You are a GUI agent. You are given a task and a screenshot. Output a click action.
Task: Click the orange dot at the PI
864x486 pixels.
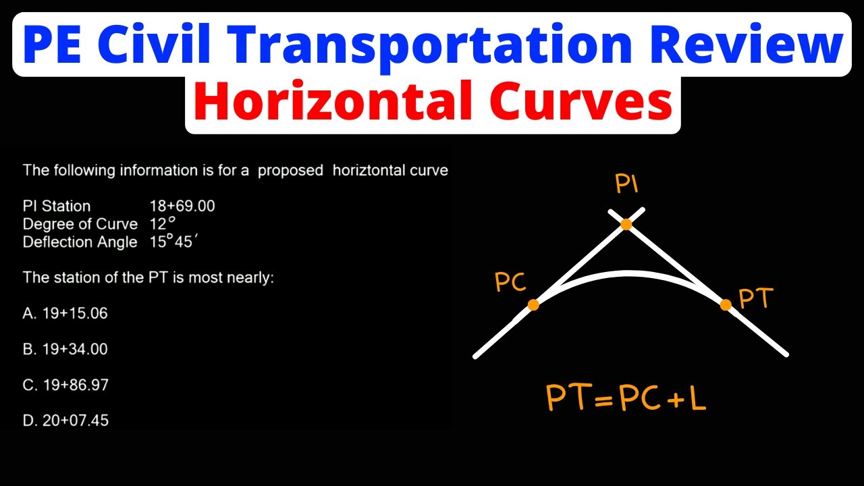pyautogui.click(x=626, y=224)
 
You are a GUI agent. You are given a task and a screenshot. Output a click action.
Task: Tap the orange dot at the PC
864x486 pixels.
pyautogui.click(x=533, y=305)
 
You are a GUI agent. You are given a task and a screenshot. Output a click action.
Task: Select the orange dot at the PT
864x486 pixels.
pyautogui.click(x=726, y=304)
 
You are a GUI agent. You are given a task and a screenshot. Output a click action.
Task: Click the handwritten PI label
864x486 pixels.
pyautogui.click(x=626, y=184)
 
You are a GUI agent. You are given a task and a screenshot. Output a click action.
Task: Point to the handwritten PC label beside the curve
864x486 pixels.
pyautogui.click(x=510, y=283)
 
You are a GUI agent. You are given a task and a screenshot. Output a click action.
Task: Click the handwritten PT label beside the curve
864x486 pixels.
pyautogui.click(x=756, y=298)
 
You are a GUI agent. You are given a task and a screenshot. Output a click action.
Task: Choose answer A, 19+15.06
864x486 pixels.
pyautogui.click(x=65, y=313)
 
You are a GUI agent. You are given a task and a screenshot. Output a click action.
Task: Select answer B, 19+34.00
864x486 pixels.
pyautogui.click(x=65, y=349)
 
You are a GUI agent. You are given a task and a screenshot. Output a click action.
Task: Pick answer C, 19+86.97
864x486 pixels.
pyautogui.click(x=65, y=385)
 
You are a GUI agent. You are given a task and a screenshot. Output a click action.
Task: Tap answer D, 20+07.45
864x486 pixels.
pyautogui.click(x=65, y=421)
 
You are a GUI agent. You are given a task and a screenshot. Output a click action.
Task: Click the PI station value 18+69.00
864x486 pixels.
pyautogui.click(x=182, y=206)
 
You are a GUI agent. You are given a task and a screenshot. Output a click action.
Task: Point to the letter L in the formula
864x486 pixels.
pyautogui.click(x=696, y=398)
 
